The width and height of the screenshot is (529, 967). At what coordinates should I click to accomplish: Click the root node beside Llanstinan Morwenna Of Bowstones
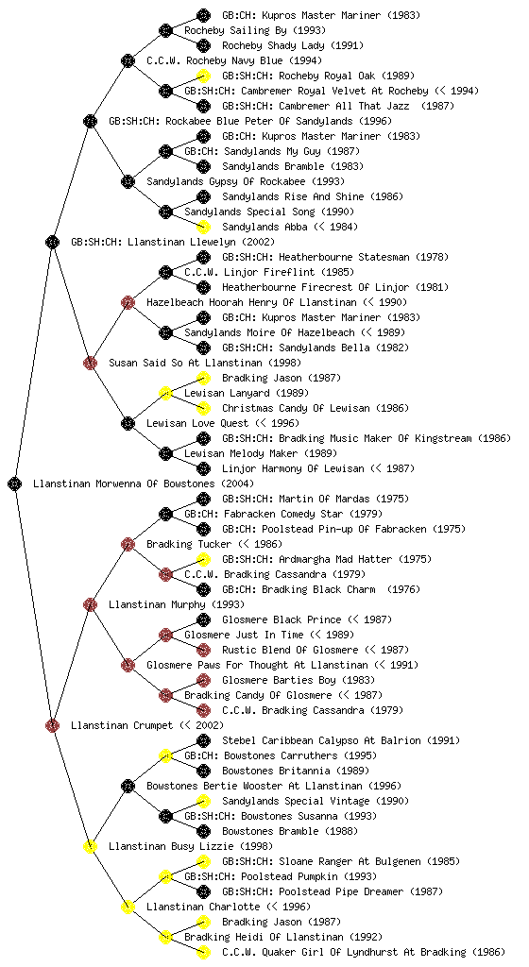(x=15, y=483)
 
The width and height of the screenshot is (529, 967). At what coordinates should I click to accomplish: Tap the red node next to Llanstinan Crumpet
(x=52, y=725)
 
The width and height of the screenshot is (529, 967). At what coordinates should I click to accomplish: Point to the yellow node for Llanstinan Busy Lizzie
(x=90, y=846)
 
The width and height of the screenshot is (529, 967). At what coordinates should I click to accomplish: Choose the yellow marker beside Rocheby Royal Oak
(x=203, y=76)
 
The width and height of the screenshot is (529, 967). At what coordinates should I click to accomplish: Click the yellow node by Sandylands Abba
(x=203, y=227)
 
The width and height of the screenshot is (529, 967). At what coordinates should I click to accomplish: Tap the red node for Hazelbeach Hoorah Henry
(x=128, y=302)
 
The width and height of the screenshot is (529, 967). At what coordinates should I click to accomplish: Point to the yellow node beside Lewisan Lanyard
(x=165, y=393)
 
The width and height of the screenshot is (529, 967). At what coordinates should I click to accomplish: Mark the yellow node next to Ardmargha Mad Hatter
(x=203, y=559)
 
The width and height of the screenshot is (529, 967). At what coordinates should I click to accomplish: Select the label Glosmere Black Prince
(x=282, y=619)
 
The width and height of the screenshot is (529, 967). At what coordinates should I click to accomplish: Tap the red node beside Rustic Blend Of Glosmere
(x=203, y=650)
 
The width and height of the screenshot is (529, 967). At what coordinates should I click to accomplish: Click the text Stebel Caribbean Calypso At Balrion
(x=321, y=740)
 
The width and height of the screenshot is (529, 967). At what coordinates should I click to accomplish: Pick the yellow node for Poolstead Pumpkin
(x=165, y=876)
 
